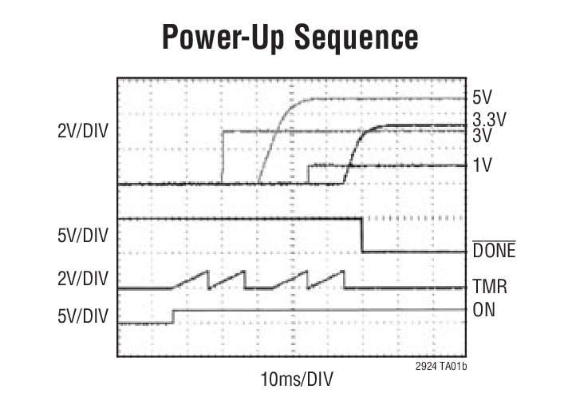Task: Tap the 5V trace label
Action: tap(483, 97)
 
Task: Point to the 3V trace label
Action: tap(483, 136)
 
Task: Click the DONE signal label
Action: tap(495, 252)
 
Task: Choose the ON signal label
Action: tap(484, 309)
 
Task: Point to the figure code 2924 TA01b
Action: tap(440, 364)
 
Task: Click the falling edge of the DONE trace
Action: tap(363, 235)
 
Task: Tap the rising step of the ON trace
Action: tap(173, 316)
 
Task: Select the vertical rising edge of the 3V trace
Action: tap(222, 157)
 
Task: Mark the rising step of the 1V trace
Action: tap(308, 174)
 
